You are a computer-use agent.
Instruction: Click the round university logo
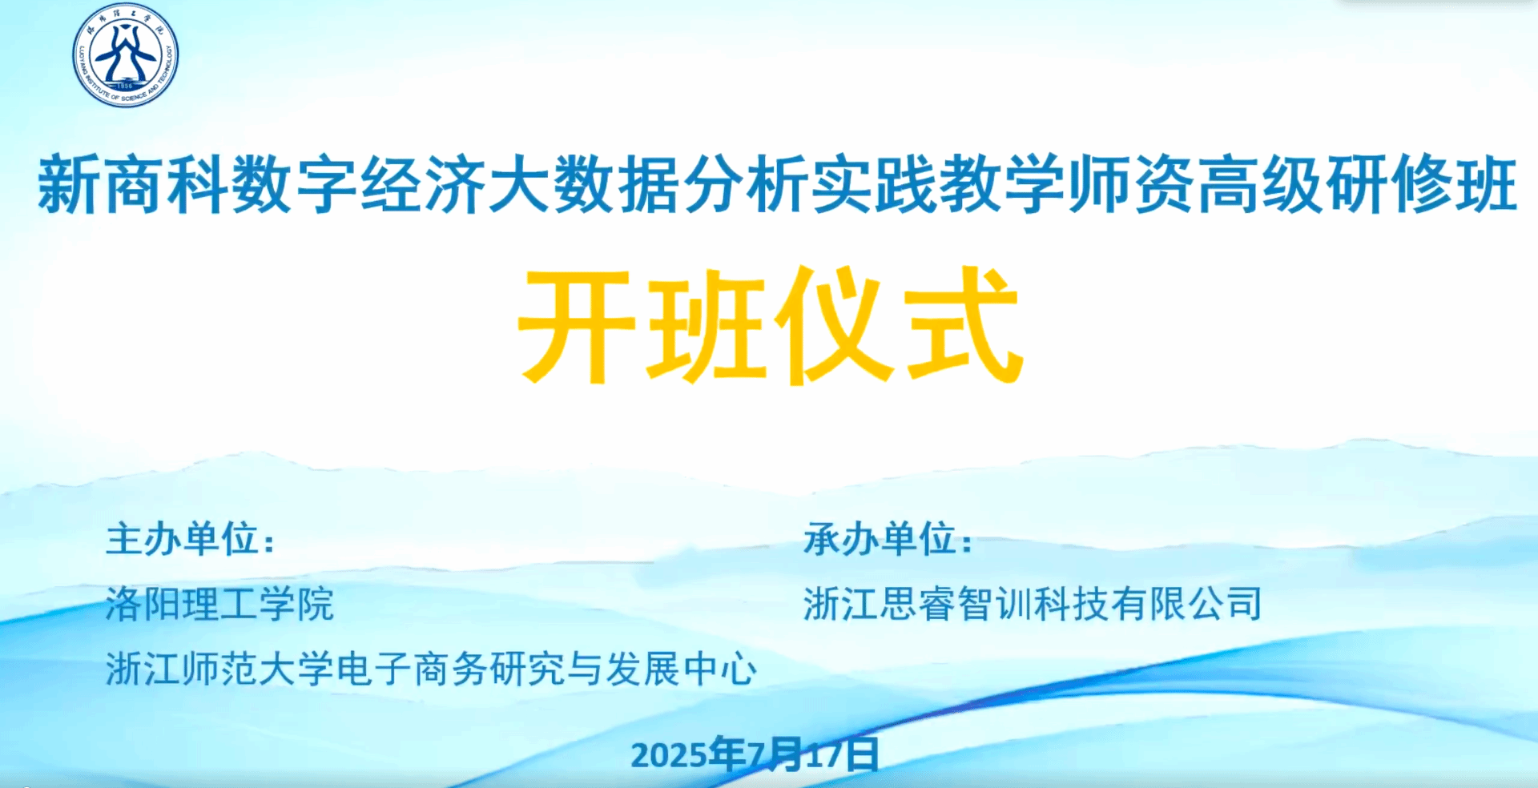(125, 55)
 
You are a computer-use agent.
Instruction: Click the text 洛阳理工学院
(220, 604)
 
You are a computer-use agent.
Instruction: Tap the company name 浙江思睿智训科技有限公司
(1033, 604)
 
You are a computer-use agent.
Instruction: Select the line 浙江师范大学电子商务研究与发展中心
(431, 669)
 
